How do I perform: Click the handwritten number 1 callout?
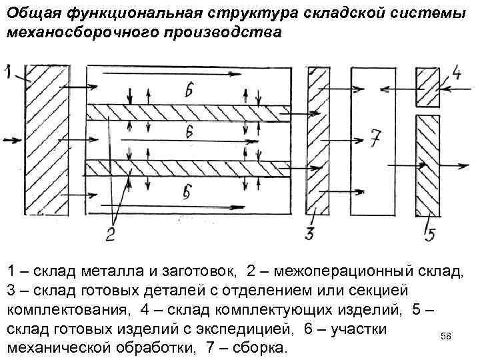click(x=8, y=73)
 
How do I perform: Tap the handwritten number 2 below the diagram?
click(x=109, y=233)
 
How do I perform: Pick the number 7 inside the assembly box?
click(x=376, y=139)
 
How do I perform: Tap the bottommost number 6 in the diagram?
click(x=187, y=193)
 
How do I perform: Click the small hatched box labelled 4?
click(x=427, y=87)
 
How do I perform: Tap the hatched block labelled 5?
click(x=427, y=166)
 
